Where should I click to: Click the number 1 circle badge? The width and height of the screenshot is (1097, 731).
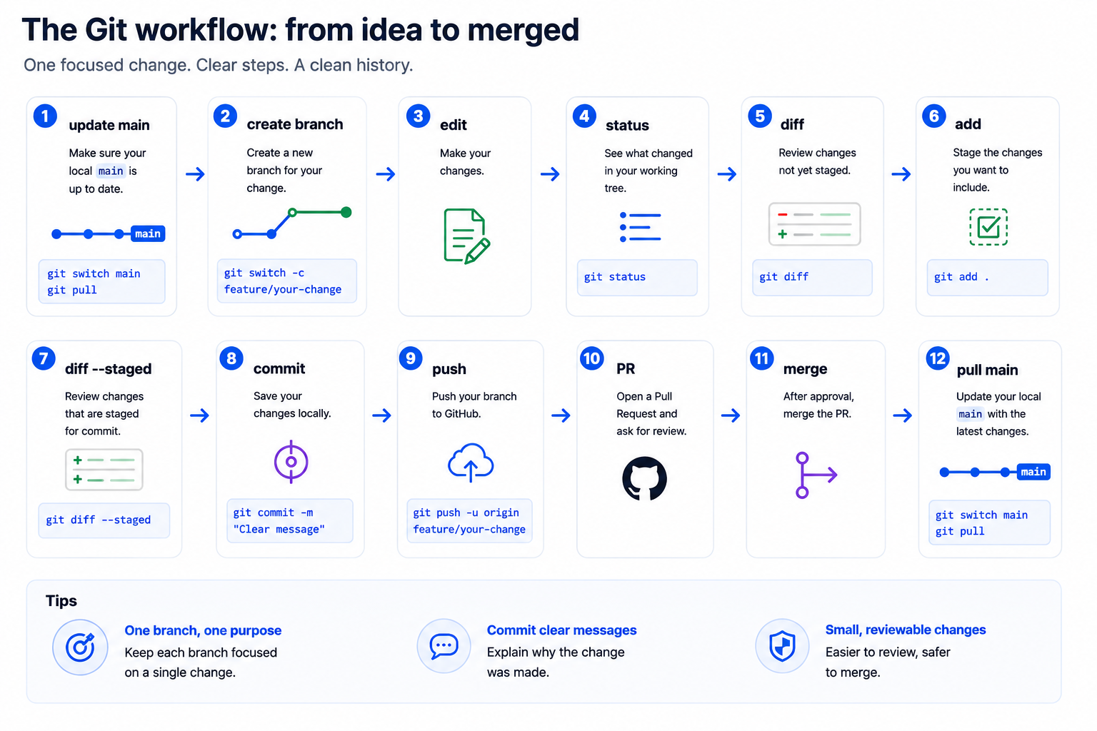click(45, 116)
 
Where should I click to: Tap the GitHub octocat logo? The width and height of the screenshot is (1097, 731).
click(644, 478)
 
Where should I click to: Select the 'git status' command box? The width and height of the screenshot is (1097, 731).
click(636, 277)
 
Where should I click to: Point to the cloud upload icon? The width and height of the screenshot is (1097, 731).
click(471, 463)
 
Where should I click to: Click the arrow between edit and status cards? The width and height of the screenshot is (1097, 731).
click(549, 173)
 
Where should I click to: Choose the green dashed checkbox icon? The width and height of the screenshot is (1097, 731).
click(988, 227)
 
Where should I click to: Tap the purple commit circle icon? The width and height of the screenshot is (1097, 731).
click(291, 462)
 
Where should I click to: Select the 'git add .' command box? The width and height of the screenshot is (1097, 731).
click(987, 277)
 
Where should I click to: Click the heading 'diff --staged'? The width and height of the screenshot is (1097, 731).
click(109, 368)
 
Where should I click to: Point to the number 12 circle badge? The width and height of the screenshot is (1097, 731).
click(938, 358)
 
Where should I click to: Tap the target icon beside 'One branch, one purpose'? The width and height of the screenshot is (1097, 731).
click(80, 647)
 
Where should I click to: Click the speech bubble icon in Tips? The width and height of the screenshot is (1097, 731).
click(444, 646)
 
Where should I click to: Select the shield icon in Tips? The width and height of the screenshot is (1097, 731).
click(782, 646)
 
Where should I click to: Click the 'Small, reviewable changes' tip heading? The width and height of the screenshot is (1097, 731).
click(906, 630)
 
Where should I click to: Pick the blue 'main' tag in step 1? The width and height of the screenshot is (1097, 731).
click(148, 233)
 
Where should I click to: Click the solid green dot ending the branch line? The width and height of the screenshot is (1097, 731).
click(346, 212)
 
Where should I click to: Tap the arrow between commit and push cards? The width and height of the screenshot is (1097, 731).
click(381, 415)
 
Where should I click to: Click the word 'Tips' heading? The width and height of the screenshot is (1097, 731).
click(61, 601)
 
